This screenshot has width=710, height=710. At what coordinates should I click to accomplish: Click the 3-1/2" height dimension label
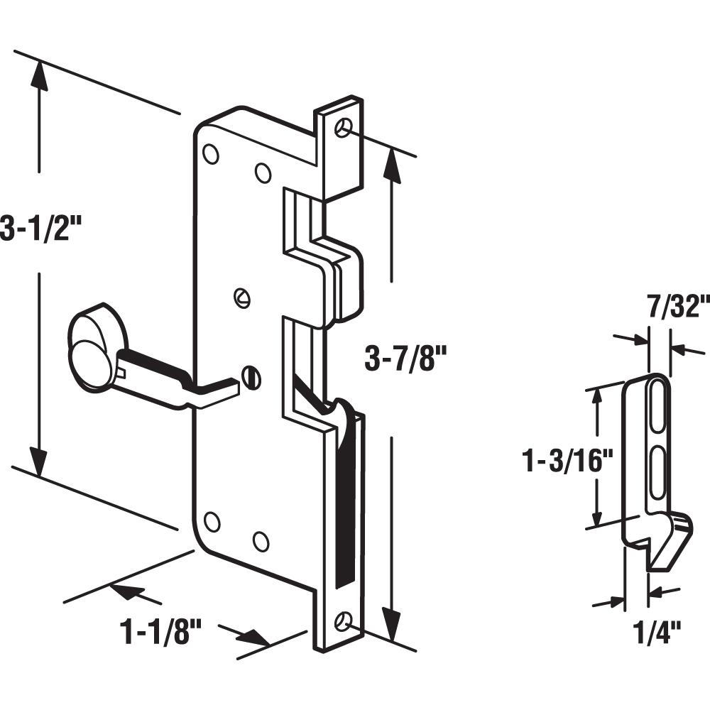pyautogui.click(x=44, y=229)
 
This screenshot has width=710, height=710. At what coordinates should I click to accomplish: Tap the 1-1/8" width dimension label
pyautogui.click(x=161, y=630)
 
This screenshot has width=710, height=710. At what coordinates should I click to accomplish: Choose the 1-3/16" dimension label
pyautogui.click(x=567, y=461)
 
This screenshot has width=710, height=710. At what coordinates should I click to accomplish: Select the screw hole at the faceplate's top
pyautogui.click(x=345, y=126)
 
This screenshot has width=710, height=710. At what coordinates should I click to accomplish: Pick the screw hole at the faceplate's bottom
pyautogui.click(x=345, y=619)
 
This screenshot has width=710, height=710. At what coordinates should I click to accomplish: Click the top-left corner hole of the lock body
pyautogui.click(x=211, y=154)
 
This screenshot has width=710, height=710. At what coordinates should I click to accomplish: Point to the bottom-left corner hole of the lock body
pyautogui.click(x=212, y=522)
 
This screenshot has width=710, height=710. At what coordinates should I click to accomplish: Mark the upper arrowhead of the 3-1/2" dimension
pyautogui.click(x=40, y=75)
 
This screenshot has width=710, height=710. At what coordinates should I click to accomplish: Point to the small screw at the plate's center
pyautogui.click(x=242, y=298)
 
